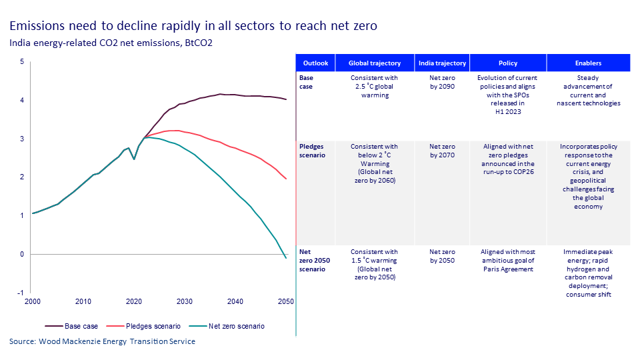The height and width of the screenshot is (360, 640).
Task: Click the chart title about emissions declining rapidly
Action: tap(193, 27)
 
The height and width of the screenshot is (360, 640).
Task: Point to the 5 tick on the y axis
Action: tap(21, 62)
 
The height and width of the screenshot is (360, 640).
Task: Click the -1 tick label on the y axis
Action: tap(21, 293)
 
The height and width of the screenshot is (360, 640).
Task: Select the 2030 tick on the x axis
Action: tap(184, 302)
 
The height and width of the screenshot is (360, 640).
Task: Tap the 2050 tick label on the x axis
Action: tap(285, 302)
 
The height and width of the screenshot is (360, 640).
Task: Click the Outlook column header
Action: tap(315, 63)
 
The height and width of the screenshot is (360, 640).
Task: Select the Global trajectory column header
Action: tap(375, 63)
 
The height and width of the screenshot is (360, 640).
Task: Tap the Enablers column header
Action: tap(588, 63)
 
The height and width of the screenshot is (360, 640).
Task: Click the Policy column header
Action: tap(508, 63)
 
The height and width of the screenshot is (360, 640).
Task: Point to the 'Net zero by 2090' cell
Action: tap(441, 82)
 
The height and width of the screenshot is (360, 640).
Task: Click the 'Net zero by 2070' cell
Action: tap(441, 150)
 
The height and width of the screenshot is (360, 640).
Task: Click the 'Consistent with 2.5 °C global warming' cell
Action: tap(375, 87)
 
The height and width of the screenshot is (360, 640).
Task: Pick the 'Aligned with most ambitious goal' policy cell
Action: tap(508, 261)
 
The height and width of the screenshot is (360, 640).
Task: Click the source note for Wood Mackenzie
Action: tap(103, 341)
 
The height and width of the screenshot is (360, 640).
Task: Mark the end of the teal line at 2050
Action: tap(286, 258)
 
